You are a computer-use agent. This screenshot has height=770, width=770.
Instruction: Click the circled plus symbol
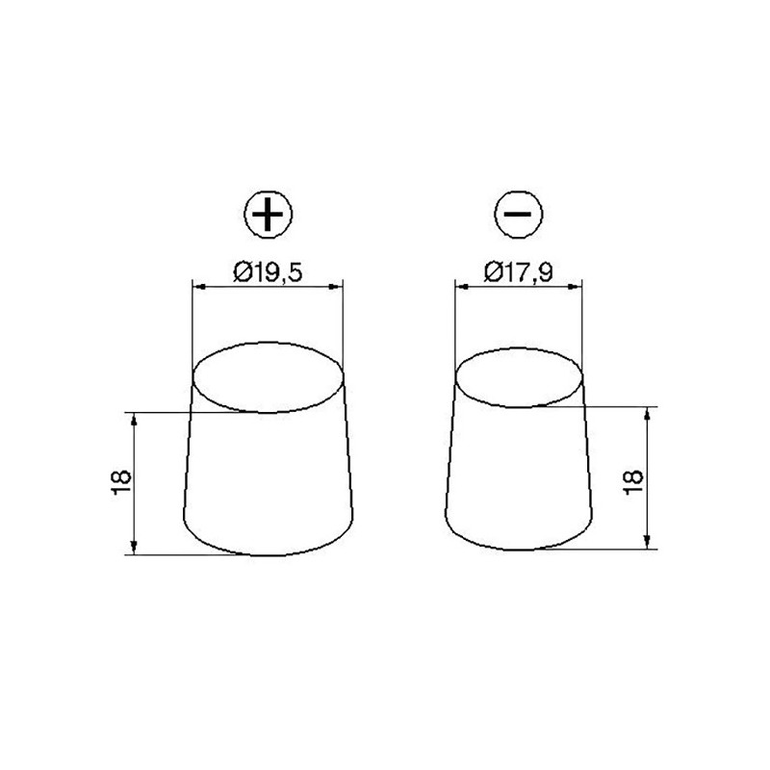(x=269, y=214)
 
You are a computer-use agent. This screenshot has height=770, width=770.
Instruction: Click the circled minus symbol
(x=519, y=214)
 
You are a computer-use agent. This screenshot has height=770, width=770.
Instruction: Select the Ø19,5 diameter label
(x=269, y=271)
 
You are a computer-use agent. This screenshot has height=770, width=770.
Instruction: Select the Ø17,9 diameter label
(x=519, y=271)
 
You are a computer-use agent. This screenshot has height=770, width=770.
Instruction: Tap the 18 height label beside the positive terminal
(x=122, y=484)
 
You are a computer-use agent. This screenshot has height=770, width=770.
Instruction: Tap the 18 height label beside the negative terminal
(x=633, y=483)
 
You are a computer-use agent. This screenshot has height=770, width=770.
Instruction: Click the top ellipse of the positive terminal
(x=269, y=343)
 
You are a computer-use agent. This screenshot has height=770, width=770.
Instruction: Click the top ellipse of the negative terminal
(x=519, y=348)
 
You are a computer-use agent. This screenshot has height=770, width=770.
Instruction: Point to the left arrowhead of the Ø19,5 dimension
(x=198, y=287)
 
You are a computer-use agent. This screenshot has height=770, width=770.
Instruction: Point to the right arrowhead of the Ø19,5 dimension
(x=336, y=287)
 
